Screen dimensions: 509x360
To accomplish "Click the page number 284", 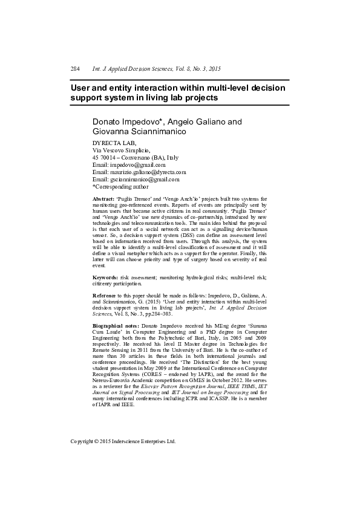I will click(x=76, y=70).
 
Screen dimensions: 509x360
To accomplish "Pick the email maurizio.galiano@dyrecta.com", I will click(x=148, y=172).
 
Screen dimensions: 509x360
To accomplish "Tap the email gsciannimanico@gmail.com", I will click(x=145, y=179).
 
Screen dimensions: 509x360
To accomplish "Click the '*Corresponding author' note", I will click(x=120, y=186).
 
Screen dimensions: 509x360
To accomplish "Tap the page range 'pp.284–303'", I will click(x=157, y=314).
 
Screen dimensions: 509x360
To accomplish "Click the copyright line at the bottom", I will click(x=123, y=441).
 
